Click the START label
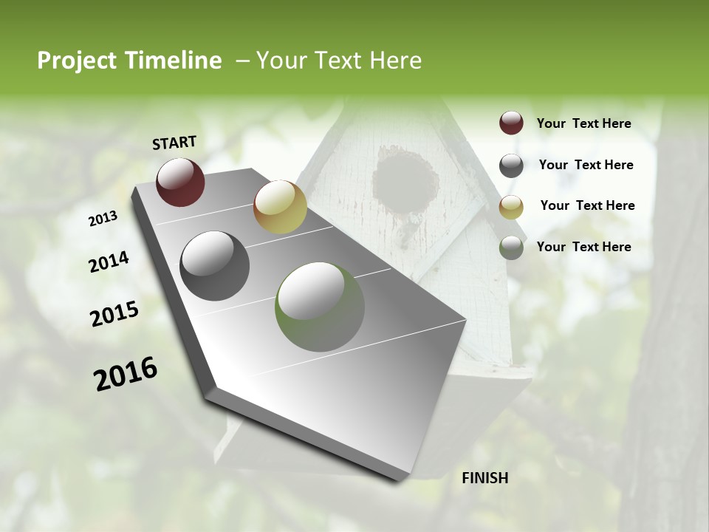tap(174, 143)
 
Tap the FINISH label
tap(484, 478)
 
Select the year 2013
tap(103, 219)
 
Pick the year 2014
tap(109, 262)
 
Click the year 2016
tap(126, 374)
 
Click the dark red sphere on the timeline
tap(180, 182)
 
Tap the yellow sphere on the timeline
tap(280, 207)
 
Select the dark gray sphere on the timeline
tap(214, 266)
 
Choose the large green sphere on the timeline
tap(320, 307)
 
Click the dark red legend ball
tap(511, 123)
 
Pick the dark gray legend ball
tap(511, 166)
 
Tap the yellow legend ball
tap(511, 207)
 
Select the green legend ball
tap(511, 248)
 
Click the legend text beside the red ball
tap(583, 123)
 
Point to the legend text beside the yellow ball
tap(587, 205)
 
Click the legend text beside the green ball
tap(583, 247)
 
